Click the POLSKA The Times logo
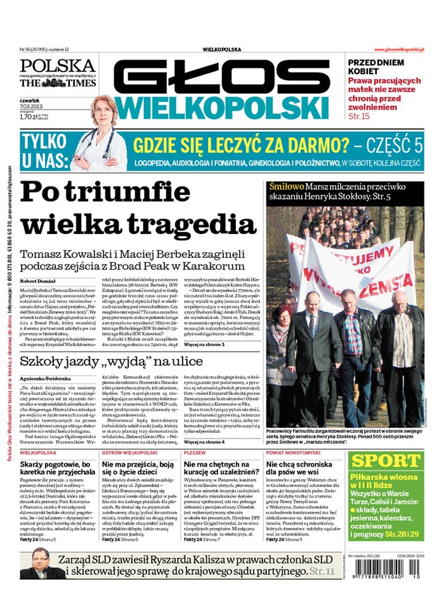pyautogui.click(x=58, y=73)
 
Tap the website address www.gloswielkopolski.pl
pyautogui.click(x=399, y=49)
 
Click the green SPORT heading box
pyautogui.click(x=386, y=460)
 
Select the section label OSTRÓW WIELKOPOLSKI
pyautogui.click(x=130, y=454)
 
